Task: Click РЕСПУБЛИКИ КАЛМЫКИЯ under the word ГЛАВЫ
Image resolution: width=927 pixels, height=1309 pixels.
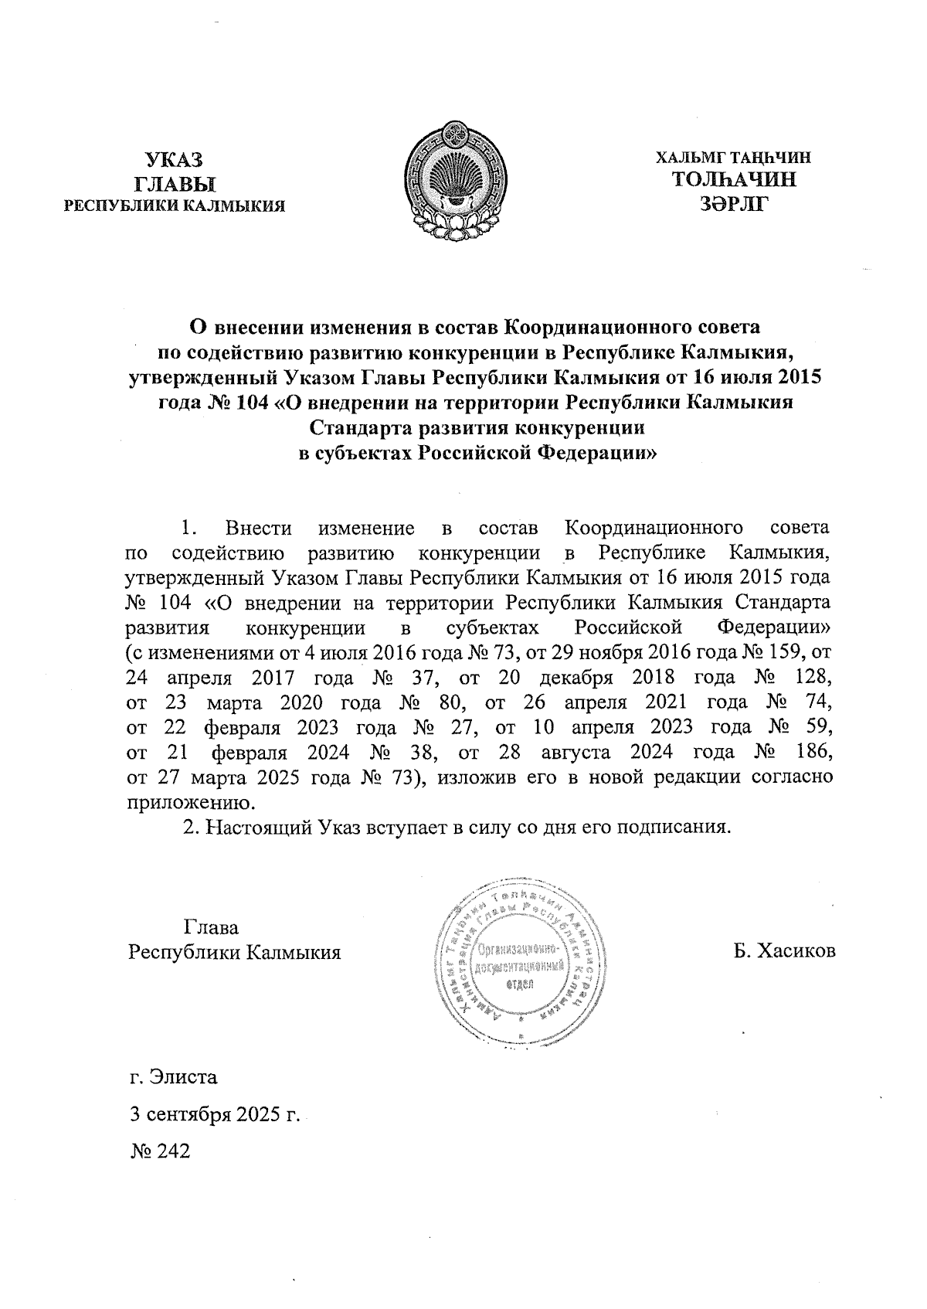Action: point(175,206)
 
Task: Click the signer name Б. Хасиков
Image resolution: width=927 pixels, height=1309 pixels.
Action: point(785,950)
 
